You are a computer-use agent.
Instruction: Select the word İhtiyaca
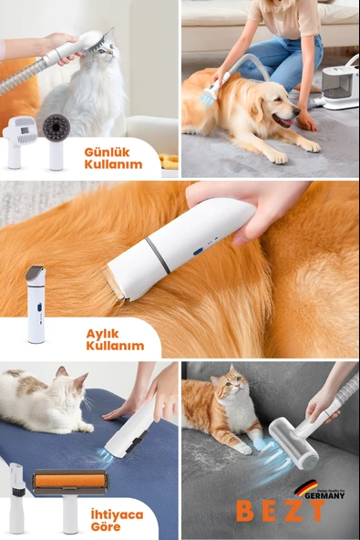[x=116, y=514]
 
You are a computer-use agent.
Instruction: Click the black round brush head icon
[x=57, y=128]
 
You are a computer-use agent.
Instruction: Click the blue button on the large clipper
[x=197, y=251]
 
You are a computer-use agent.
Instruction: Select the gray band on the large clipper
[x=157, y=255]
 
